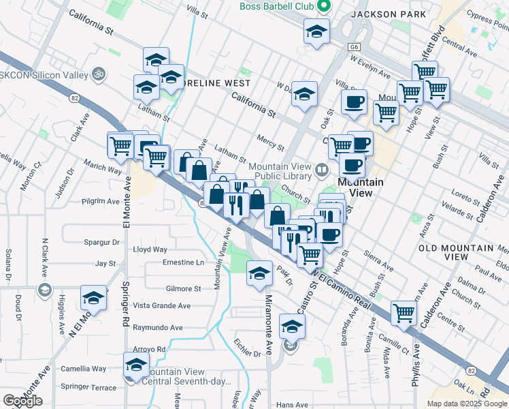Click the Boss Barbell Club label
[x=276, y=6]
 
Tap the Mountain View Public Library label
[x=279, y=172]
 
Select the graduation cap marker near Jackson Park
[x=316, y=33]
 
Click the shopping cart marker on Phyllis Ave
[x=404, y=314]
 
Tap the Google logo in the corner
[x=22, y=401]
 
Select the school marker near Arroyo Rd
[x=136, y=365]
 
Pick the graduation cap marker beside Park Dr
[x=259, y=274]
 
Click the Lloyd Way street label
[x=150, y=249]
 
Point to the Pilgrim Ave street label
[x=99, y=201]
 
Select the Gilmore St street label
[x=183, y=288]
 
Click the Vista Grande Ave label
[x=161, y=306]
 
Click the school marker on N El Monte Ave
[x=93, y=298]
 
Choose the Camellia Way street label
[x=83, y=369]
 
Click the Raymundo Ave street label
[x=157, y=327]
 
